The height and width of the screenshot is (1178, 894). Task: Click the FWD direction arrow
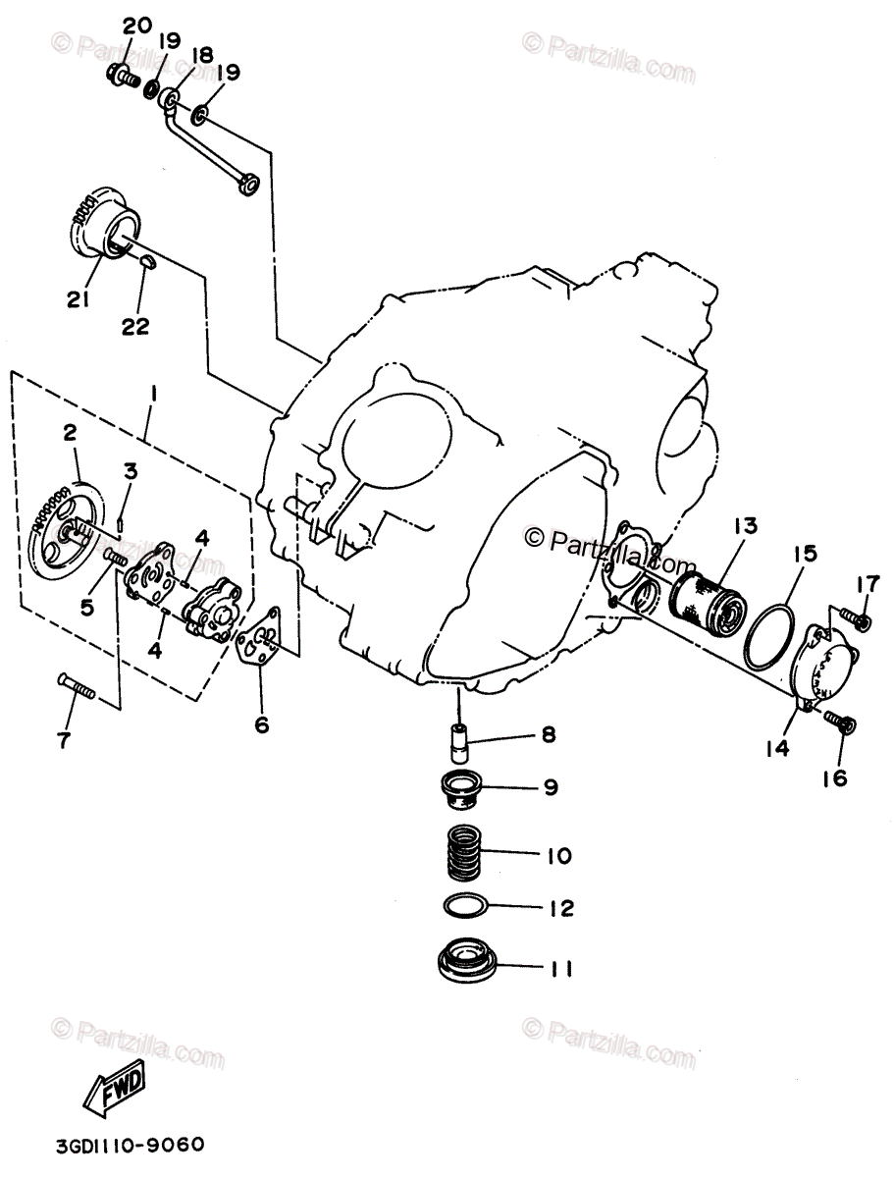116,1089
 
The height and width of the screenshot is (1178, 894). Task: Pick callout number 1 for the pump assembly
153,396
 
